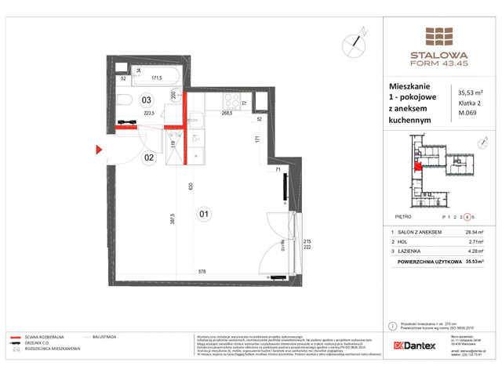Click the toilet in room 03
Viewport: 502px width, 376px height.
(126, 99)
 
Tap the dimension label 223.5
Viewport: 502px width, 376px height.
(148, 111)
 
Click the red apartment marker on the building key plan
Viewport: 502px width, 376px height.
(418, 164)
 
